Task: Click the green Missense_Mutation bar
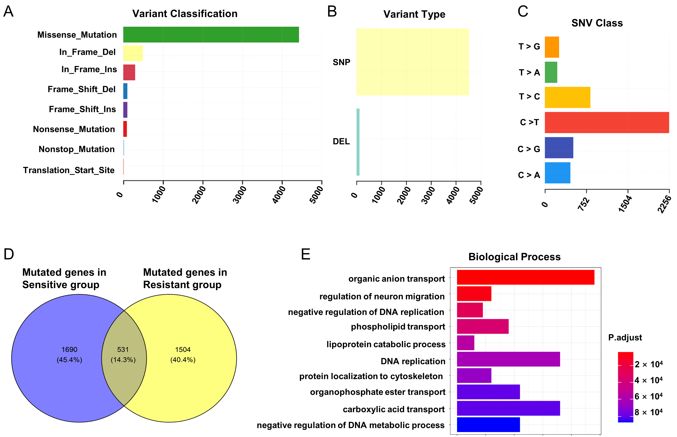[x=211, y=35]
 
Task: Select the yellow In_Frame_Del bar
[x=133, y=53]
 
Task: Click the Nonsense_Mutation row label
[x=74, y=129]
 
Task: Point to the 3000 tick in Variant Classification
[x=239, y=195]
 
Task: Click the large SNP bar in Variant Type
[x=412, y=62]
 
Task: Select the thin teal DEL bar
[x=358, y=142]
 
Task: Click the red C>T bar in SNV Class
[x=607, y=123]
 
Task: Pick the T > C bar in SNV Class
[x=567, y=97]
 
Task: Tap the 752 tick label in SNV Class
[x=583, y=204]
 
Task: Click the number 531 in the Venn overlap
[x=123, y=350]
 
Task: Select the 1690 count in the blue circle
[x=69, y=350]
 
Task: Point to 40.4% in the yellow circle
[x=183, y=360]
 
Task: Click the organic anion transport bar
[x=525, y=277]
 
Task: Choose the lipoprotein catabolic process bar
[x=465, y=343]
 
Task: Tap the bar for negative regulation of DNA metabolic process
[x=488, y=424]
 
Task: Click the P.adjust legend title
[x=625, y=337]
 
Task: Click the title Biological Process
[x=514, y=257]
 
